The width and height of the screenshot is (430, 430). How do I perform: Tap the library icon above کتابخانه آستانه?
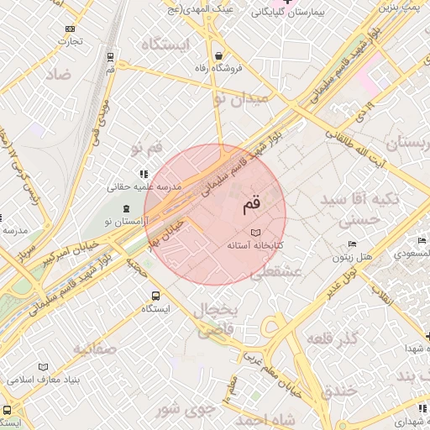point(256,232)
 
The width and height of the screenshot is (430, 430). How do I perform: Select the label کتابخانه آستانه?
point(256,245)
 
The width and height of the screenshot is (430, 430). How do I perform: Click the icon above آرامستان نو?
point(126,208)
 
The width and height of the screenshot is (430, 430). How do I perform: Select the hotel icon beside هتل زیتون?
point(352,244)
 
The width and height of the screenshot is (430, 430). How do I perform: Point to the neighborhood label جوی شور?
point(180,409)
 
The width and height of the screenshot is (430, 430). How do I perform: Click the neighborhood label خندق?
point(339,391)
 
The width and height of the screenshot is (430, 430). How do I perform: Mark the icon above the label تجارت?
point(69,29)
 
